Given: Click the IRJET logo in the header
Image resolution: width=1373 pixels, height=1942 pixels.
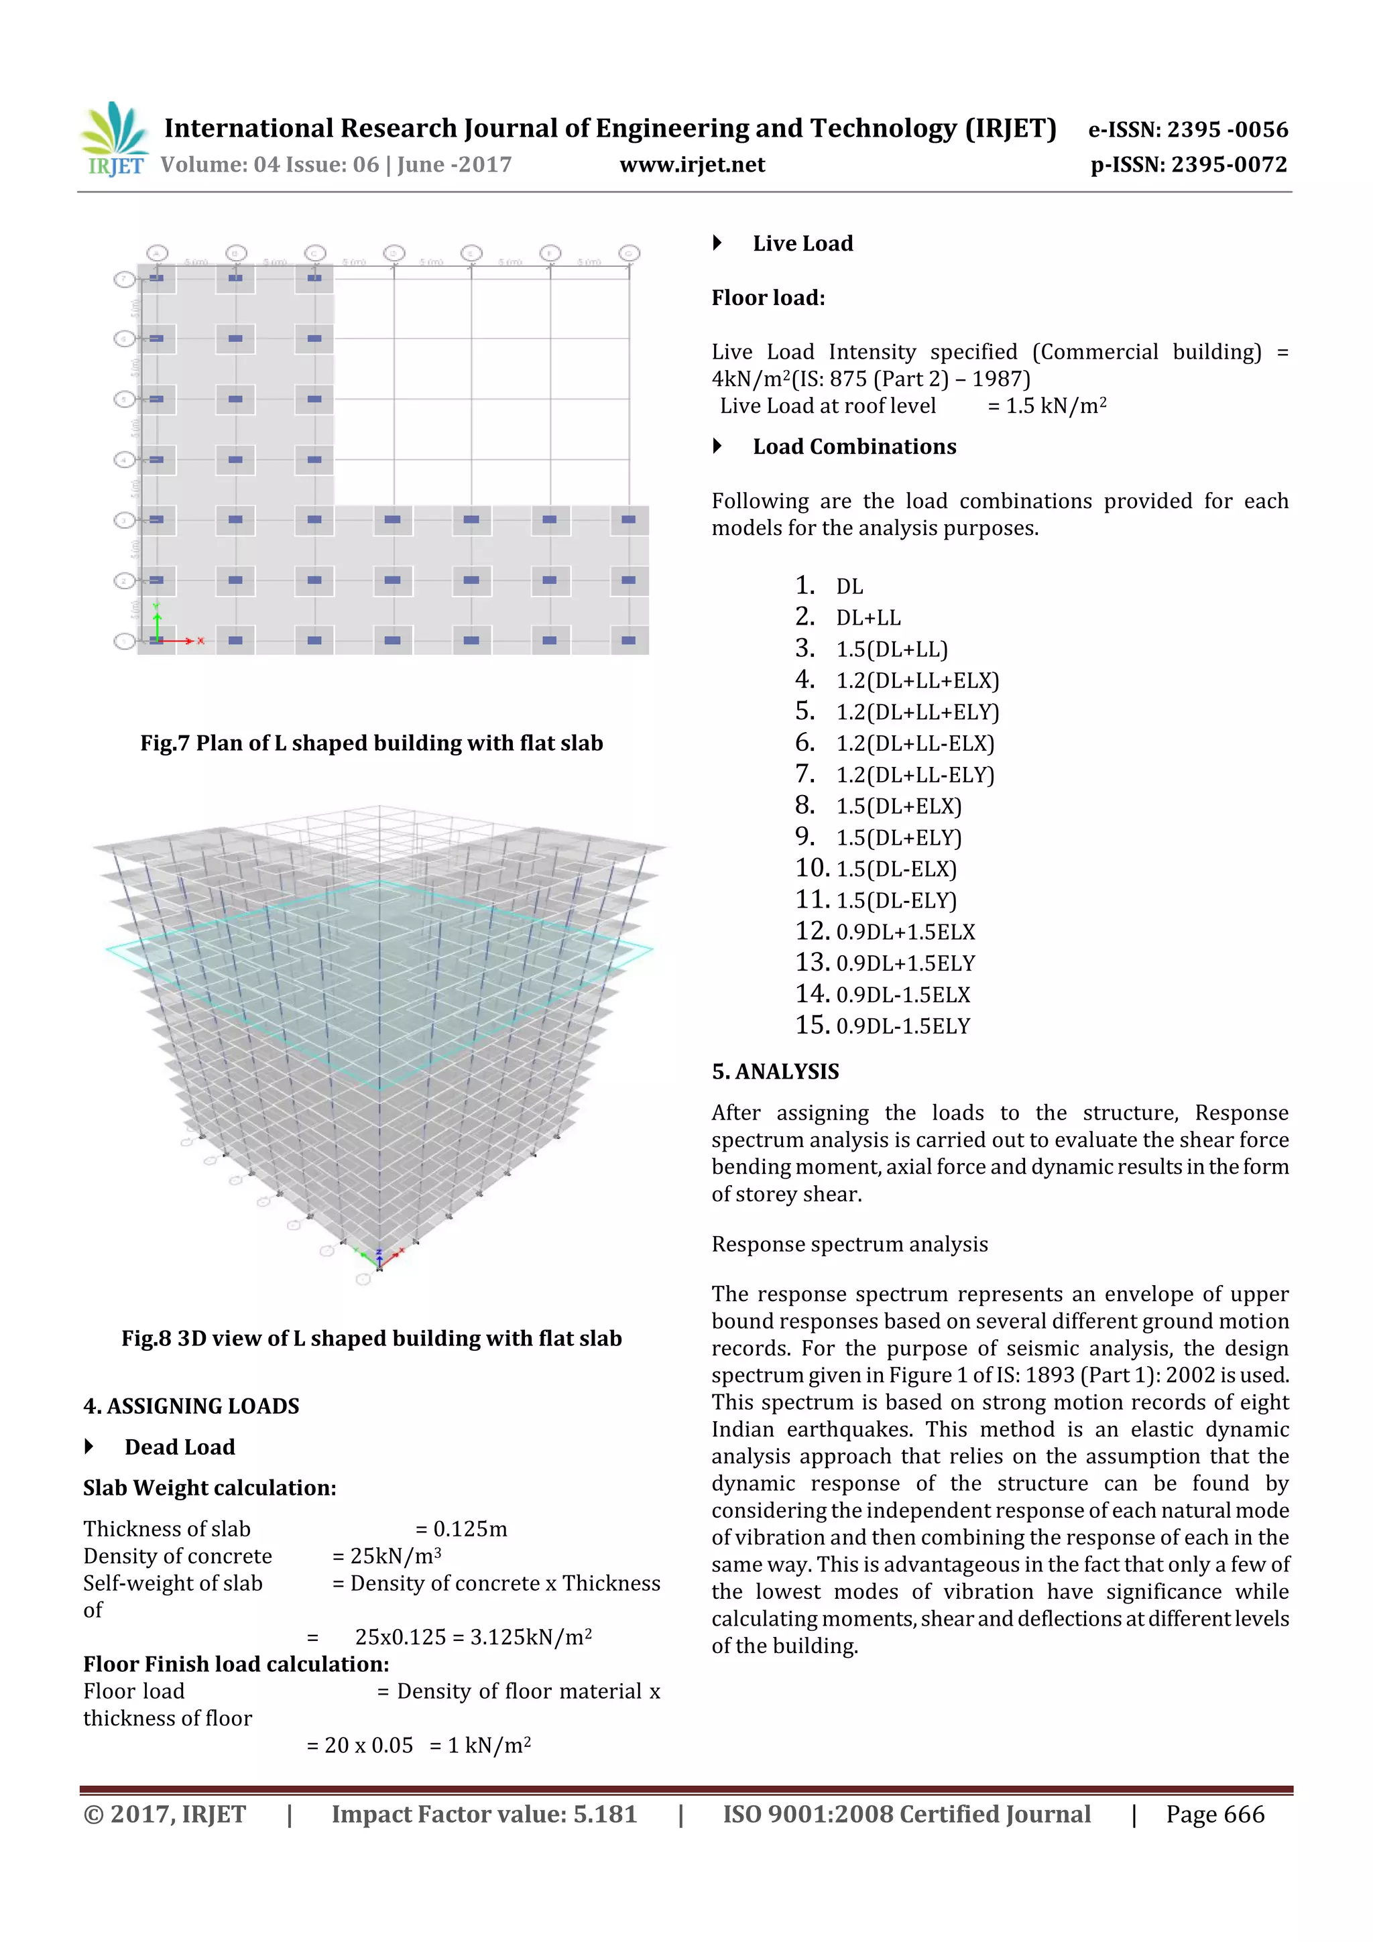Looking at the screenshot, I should (114, 139).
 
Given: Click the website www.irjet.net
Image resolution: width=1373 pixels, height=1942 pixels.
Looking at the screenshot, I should (691, 165).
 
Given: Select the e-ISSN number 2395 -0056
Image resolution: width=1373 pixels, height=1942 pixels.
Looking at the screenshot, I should (1228, 129).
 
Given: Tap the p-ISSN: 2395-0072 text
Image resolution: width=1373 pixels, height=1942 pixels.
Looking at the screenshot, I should (1189, 165).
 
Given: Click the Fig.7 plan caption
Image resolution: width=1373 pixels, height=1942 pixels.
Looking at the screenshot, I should (371, 743).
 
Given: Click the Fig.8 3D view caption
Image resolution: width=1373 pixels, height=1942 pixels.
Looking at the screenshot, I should (371, 1339).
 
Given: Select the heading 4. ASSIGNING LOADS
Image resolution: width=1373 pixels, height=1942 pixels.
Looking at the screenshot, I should (191, 1406).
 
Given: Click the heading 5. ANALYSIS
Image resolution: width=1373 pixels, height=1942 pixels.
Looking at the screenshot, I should (775, 1073).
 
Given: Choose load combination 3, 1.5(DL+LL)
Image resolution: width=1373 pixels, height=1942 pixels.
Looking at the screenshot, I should (891, 650).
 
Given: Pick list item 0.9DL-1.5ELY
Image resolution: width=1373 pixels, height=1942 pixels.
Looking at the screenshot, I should (902, 1027).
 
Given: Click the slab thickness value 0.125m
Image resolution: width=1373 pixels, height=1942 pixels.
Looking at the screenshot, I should (469, 1529).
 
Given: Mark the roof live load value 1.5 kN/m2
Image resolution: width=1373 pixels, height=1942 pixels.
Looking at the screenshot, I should (1056, 406).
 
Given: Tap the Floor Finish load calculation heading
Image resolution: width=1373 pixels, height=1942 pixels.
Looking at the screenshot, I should (236, 1664).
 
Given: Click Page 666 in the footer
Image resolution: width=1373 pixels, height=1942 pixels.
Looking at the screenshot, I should (1214, 1815).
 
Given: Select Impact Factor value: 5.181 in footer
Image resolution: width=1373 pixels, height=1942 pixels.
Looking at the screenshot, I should (484, 1815).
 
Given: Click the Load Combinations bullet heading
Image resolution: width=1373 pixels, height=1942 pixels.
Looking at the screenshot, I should (853, 447).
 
